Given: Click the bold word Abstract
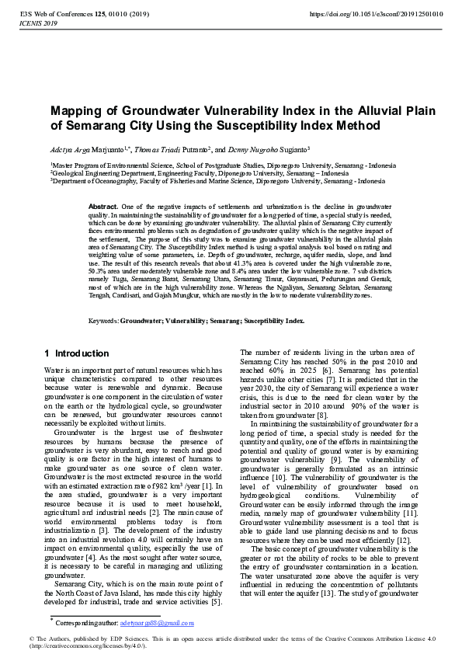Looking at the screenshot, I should click(103, 206).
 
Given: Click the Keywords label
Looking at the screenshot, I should click(103, 321).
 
